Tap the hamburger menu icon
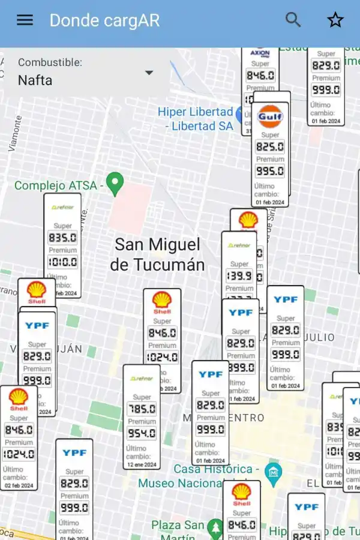pos(25,20)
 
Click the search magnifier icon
pos(293,20)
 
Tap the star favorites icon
pos(335,20)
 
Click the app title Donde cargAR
pos(104,20)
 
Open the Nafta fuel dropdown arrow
pos(149,73)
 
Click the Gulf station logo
pos(270,116)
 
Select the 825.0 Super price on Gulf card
pos(270,147)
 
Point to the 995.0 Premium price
pos(270,171)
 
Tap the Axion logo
pos(260,53)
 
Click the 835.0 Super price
pos(62,238)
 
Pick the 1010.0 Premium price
pos(62,262)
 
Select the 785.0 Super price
pos(142,409)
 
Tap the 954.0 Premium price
pos(142,433)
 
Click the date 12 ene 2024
pos(142,464)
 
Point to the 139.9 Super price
pos(239,276)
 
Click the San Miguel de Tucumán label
pos(157,254)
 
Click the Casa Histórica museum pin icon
pos(274,471)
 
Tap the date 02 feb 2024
pos(19,485)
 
